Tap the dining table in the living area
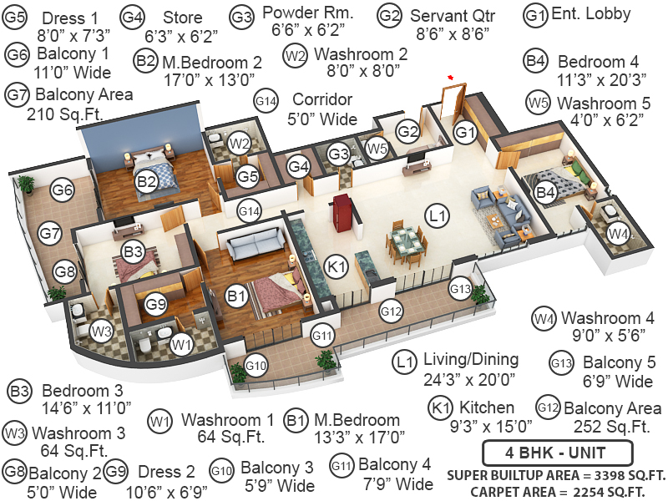point(408,241)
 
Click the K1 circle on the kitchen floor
point(337,267)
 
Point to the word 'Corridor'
point(322,99)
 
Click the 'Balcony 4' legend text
point(396,464)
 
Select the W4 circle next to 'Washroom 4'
point(544,318)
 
